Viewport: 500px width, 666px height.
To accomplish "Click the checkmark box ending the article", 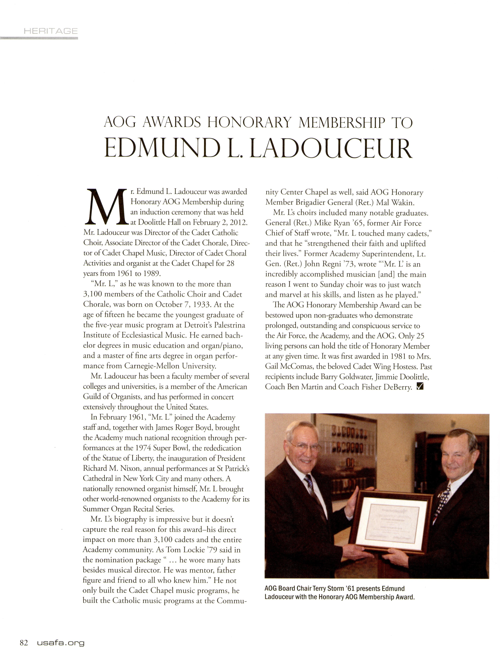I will tap(420, 387).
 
